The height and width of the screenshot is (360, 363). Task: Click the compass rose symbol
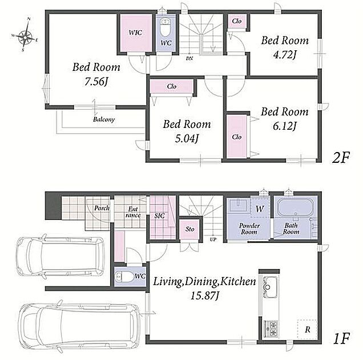25,35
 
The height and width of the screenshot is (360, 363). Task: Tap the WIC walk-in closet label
135,33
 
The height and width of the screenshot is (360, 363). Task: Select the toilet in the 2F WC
165,27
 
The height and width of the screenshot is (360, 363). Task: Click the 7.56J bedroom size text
96,82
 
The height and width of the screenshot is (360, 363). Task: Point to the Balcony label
104,119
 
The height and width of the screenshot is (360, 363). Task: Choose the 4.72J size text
284,55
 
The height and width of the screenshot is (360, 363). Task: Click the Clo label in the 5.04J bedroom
172,86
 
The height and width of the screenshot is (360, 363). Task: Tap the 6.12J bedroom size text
284,126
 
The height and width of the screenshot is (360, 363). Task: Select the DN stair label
189,59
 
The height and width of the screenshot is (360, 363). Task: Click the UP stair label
213,239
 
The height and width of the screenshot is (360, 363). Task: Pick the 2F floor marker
341,158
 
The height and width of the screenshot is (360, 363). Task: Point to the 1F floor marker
341,338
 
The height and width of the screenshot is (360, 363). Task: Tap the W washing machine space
260,209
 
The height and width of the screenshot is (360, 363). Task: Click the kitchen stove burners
271,328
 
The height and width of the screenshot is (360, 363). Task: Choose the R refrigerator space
307,330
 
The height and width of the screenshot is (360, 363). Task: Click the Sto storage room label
190,229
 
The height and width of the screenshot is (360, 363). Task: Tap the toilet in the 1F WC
124,277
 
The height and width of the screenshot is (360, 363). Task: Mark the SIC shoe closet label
160,216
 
